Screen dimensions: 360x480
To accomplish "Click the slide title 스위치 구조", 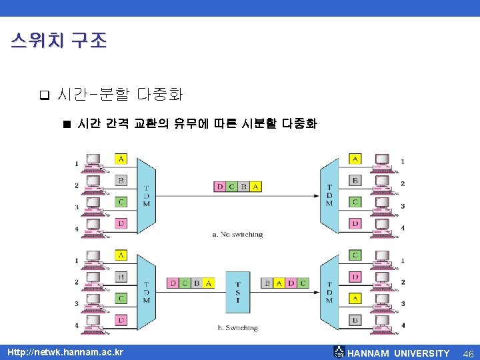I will [59, 41].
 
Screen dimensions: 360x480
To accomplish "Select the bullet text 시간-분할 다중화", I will [120, 94].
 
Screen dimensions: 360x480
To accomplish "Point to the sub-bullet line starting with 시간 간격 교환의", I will [197, 124].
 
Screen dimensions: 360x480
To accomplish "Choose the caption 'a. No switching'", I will [237, 234].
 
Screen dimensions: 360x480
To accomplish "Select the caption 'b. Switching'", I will [237, 327].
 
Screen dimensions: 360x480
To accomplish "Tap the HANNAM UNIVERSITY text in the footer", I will [399, 353].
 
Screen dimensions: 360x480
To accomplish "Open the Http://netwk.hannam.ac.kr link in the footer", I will [65, 351].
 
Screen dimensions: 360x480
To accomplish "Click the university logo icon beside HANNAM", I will [339, 352].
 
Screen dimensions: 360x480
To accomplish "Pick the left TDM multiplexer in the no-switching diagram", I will [146, 194].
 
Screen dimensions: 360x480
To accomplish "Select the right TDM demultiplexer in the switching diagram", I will [329, 292].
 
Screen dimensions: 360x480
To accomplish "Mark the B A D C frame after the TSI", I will [285, 283].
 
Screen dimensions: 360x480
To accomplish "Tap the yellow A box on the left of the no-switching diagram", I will [121, 159].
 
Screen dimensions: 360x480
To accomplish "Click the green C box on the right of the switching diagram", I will [355, 255].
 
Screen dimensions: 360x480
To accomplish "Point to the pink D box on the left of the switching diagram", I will [121, 321].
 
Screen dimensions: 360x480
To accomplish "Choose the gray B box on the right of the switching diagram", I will [355, 321].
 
